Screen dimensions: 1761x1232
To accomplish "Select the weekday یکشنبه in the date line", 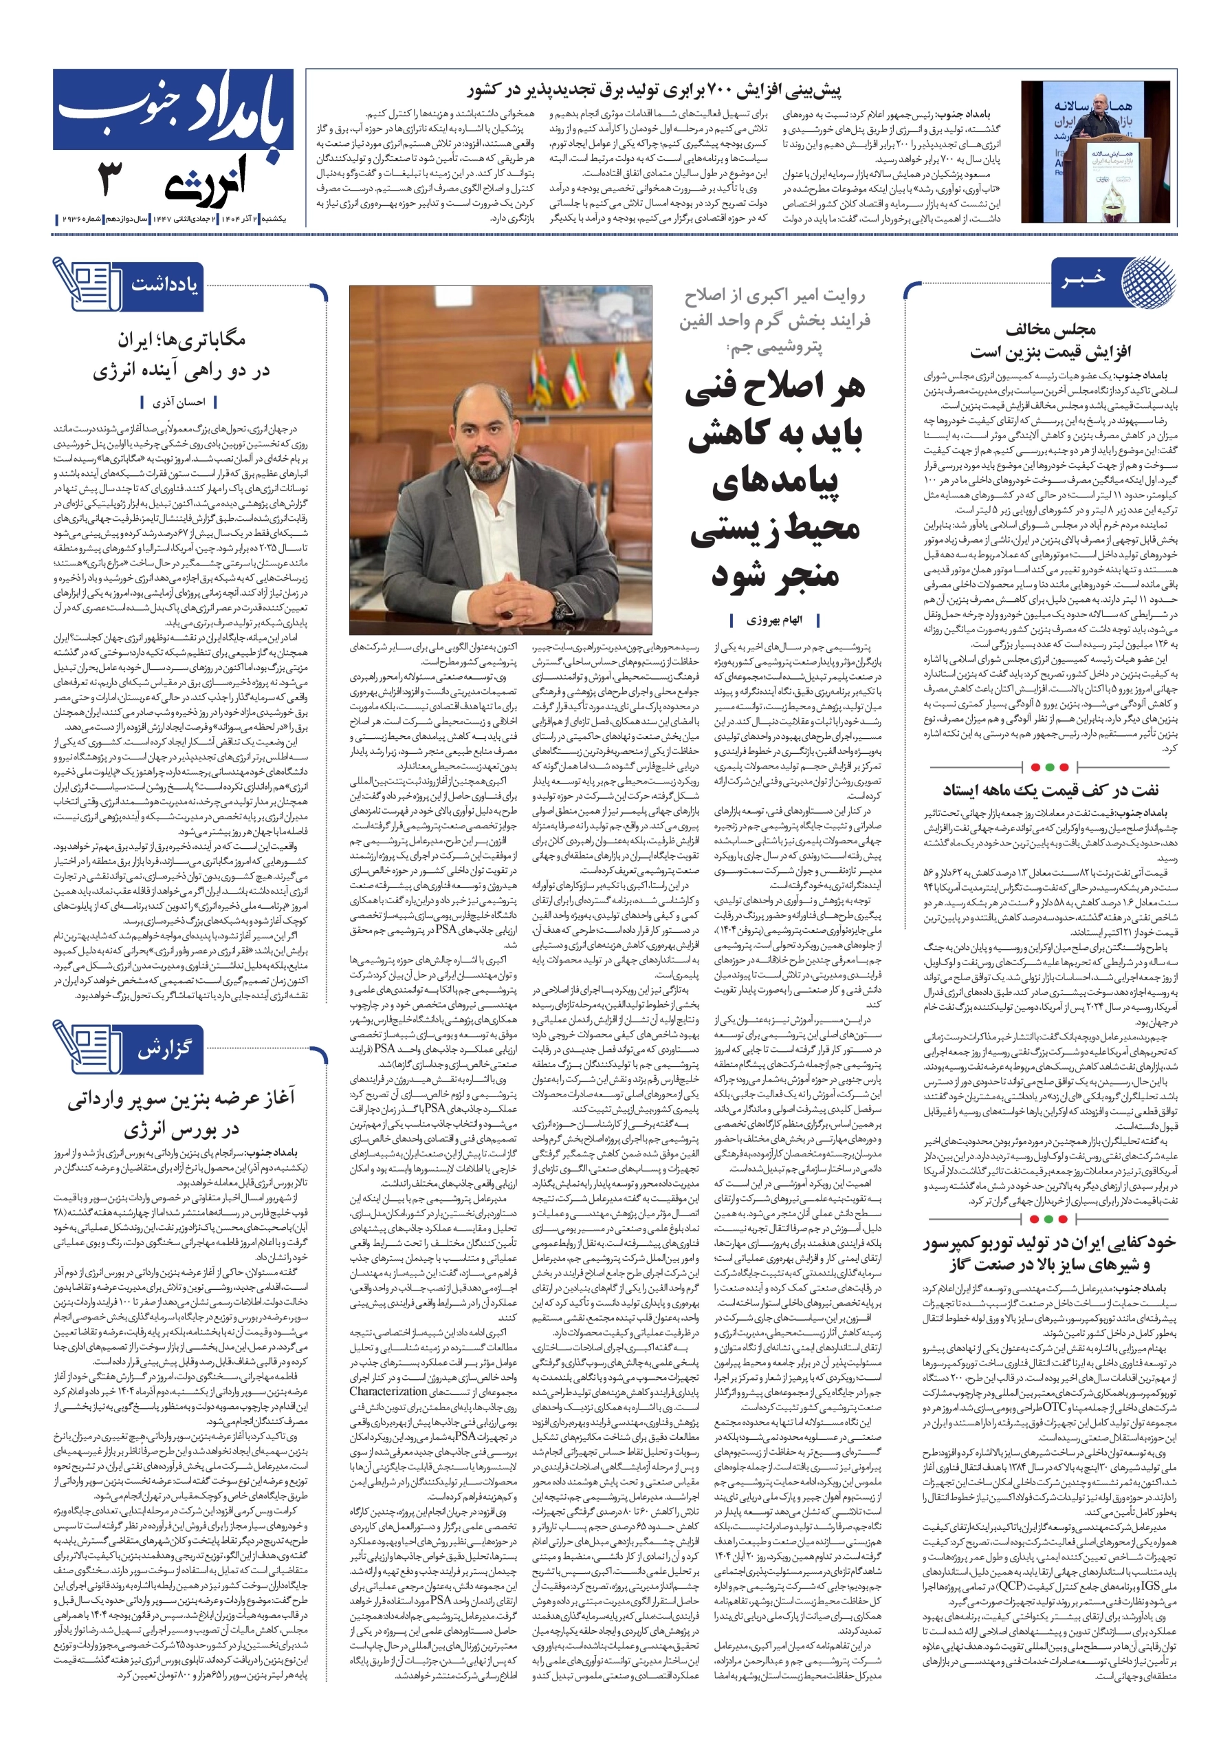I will coord(274,219).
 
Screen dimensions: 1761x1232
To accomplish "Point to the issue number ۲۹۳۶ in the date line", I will coord(73,219).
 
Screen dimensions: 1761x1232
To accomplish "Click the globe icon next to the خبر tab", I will coord(1146,282).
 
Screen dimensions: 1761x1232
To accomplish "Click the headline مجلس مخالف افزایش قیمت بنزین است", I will coord(1050,341).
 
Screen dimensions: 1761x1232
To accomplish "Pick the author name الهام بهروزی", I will coord(776,619).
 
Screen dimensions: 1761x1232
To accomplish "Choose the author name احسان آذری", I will coord(179,401).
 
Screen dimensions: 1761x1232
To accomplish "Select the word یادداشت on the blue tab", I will coord(164,285).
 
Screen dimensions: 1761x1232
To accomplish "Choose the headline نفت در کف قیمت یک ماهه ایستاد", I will coord(1050,790).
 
